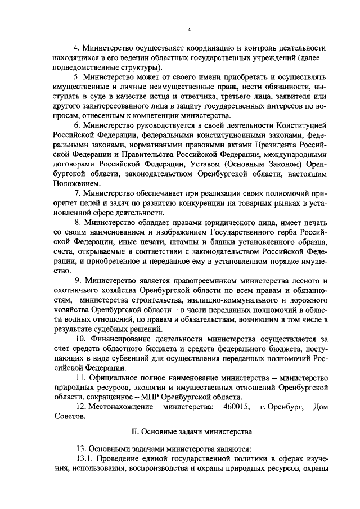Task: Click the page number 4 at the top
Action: point(189,30)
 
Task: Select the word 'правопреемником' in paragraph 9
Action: point(201,280)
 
